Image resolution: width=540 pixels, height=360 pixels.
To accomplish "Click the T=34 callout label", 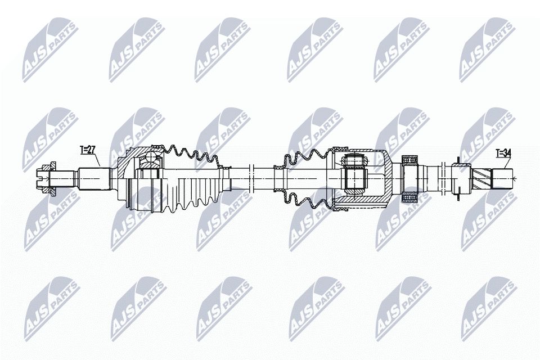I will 503,152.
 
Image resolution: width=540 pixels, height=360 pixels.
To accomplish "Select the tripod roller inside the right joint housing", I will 355,179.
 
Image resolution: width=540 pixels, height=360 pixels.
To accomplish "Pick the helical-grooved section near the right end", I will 482,178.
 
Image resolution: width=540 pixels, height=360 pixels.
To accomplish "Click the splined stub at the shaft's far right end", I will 502,178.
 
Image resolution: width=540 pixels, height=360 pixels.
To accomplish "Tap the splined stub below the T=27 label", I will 92,179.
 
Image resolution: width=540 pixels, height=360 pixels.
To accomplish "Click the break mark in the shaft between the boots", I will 252,178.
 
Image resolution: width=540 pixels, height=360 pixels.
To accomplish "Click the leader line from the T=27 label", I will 98,160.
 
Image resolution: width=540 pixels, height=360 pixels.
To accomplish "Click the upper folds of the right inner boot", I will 307,158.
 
